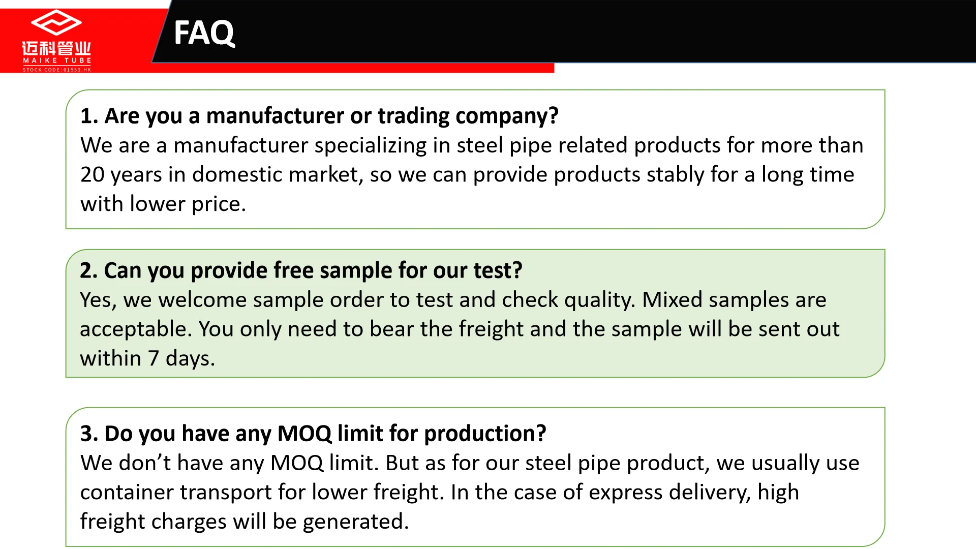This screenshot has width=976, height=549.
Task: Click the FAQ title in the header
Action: click(204, 33)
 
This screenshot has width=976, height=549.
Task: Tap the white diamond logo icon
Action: click(56, 22)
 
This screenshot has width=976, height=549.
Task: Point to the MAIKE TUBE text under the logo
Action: click(57, 60)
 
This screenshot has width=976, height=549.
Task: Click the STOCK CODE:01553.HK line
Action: click(57, 70)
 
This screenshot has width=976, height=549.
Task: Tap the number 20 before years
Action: click(93, 175)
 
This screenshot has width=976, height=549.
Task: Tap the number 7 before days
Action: click(154, 359)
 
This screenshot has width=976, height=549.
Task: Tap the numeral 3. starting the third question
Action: click(89, 434)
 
